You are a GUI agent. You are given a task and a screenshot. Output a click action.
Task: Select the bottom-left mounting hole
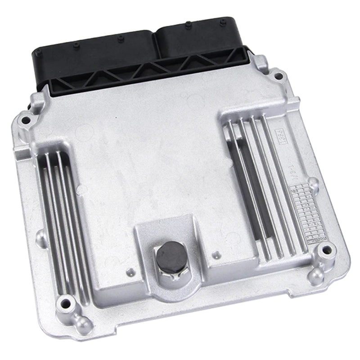pos(67,302)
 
